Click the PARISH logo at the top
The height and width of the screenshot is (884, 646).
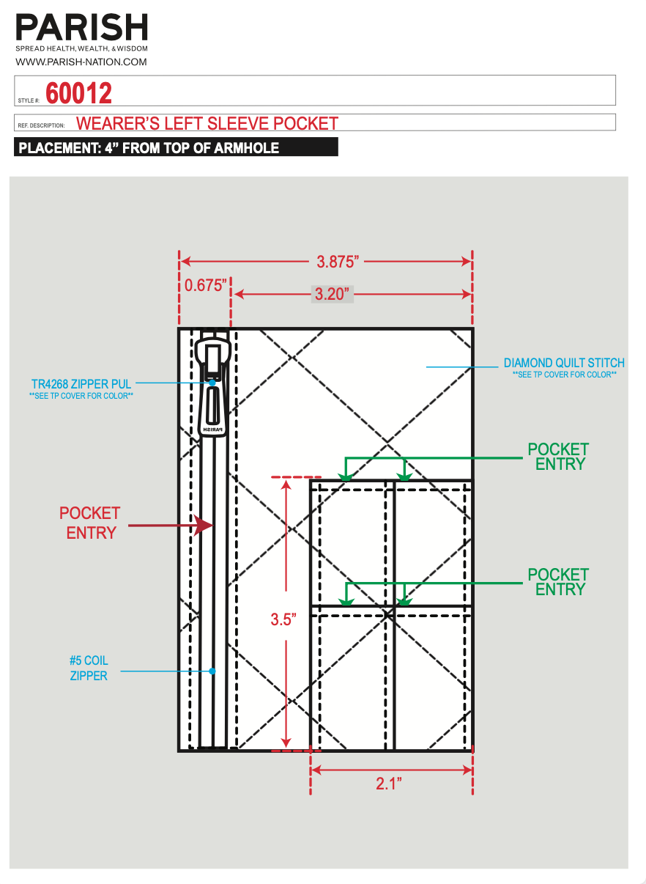tap(82, 27)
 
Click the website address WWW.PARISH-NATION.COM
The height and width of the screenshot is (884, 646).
tap(81, 62)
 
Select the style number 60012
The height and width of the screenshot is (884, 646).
tap(79, 93)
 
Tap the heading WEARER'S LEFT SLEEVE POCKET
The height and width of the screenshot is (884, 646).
tap(207, 123)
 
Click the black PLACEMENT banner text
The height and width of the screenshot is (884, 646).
tap(149, 147)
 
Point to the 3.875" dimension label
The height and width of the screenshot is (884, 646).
tap(338, 261)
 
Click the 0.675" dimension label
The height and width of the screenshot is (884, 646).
tap(204, 285)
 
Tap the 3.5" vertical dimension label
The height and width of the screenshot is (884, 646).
tap(283, 619)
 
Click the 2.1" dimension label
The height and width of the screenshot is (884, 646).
tap(389, 784)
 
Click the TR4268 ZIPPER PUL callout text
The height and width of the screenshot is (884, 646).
tap(81, 383)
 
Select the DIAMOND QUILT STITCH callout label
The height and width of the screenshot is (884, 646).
tap(564, 363)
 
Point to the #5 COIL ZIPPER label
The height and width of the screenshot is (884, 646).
tap(89, 668)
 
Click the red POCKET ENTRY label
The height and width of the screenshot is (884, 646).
tap(90, 523)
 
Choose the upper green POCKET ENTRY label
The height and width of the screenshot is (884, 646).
tap(558, 456)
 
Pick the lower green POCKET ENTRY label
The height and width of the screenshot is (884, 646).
tap(558, 582)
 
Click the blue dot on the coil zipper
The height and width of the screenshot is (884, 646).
tap(212, 671)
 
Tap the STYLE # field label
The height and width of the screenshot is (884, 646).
tap(29, 100)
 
